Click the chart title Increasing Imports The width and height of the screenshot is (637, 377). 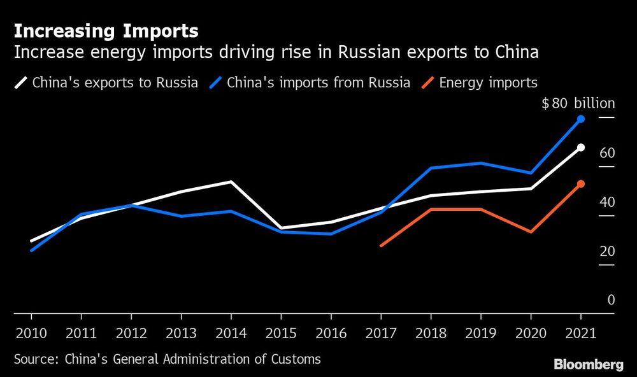pos(106,31)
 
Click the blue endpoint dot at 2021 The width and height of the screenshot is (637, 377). pos(581,119)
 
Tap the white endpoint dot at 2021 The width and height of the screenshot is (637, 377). pos(581,147)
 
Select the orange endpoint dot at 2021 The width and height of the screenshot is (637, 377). pos(581,184)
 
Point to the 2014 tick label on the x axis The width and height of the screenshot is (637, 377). pos(231,333)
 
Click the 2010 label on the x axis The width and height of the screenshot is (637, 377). pos(31,333)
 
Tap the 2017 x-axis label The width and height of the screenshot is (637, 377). pos(380,333)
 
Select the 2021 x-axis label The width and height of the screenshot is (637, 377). pos(580,333)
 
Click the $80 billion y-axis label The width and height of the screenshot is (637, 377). pos(578,104)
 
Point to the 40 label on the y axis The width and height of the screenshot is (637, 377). pos(607,202)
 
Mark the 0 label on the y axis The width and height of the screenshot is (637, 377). pos(611,300)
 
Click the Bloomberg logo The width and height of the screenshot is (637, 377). pos(589,364)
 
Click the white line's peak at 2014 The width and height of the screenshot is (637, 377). pos(231,181)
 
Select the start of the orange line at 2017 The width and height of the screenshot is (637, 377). pos(381,245)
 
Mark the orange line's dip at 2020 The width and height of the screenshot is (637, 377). pos(531,232)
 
